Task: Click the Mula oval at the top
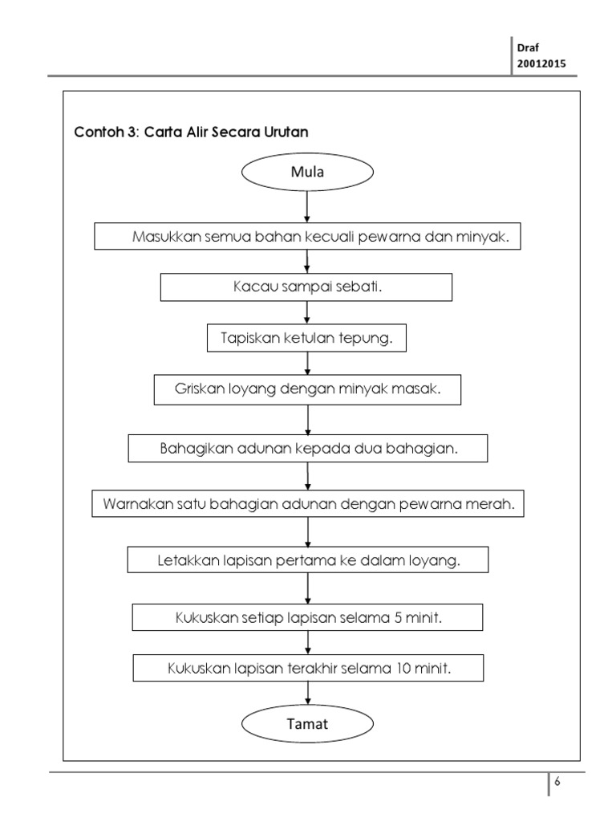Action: (x=308, y=173)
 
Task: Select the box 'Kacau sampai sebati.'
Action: (x=306, y=287)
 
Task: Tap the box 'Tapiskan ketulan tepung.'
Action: (x=306, y=338)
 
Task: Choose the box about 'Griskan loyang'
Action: (x=308, y=389)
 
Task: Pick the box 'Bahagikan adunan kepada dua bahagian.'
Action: (x=308, y=448)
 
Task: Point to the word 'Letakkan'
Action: (x=188, y=561)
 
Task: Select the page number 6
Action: (x=557, y=783)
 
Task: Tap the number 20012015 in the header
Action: (x=541, y=63)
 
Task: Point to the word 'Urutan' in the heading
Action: (x=286, y=132)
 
